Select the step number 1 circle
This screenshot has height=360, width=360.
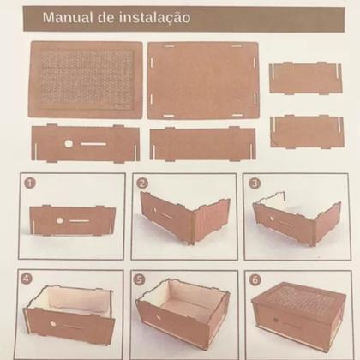(28, 182)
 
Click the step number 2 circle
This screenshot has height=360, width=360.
(141, 183)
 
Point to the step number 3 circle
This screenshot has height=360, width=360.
(254, 183)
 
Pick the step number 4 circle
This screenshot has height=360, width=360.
(28, 279)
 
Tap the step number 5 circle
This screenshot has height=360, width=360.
(141, 279)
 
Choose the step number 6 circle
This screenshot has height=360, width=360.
(254, 279)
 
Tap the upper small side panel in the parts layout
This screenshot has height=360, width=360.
(305, 79)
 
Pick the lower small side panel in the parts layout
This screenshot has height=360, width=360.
(306, 131)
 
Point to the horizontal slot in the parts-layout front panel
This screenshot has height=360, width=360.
(93, 144)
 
